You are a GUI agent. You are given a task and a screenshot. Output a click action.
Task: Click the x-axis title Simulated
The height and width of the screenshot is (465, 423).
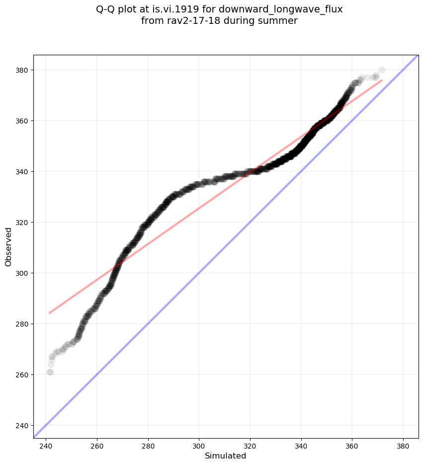(226, 456)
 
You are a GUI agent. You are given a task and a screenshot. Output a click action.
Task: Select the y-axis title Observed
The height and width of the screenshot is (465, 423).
(8, 247)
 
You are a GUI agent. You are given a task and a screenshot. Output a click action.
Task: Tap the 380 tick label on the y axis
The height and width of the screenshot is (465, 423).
(23, 70)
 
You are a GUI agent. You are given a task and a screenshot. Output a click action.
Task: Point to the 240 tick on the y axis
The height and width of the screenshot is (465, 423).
(23, 425)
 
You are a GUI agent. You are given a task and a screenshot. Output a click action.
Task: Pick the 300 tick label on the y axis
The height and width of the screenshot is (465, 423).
(23, 273)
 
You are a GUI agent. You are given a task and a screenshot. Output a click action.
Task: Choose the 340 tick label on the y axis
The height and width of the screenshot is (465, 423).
(23, 172)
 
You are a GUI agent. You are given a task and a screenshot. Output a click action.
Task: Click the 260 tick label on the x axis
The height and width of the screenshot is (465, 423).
(97, 445)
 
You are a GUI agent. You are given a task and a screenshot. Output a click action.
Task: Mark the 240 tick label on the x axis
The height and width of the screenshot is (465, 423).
(46, 445)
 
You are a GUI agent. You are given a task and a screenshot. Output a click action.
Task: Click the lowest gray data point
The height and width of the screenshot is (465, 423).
(50, 372)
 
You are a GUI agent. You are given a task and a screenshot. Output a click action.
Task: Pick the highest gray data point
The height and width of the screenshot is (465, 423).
(382, 70)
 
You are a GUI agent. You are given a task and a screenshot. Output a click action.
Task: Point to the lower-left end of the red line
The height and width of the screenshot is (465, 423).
(49, 313)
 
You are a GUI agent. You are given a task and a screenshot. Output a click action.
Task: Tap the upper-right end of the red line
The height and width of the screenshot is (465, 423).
(382, 80)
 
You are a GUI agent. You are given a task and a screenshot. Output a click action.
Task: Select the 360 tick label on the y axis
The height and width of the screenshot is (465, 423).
(23, 121)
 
